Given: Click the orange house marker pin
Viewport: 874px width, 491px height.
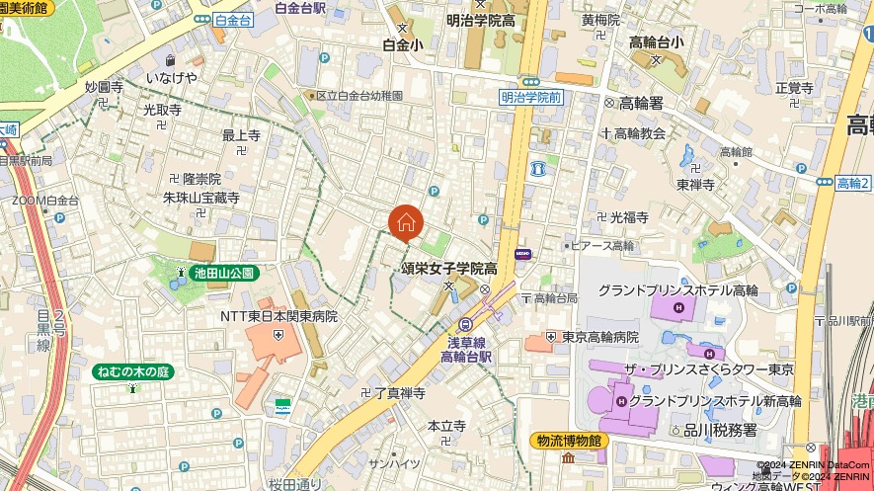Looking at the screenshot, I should coord(406,223).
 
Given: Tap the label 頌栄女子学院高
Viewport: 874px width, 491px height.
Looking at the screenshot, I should coord(448,268).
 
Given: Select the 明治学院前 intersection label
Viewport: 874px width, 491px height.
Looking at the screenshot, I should coord(530,97).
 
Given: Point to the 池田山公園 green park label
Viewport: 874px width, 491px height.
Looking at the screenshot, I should coord(224,273).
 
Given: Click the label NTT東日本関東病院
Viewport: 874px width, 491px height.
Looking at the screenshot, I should coord(278,317).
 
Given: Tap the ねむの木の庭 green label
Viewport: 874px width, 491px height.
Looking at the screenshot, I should coord(132,371).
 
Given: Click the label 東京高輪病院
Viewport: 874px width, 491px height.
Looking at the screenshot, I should coord(600,337).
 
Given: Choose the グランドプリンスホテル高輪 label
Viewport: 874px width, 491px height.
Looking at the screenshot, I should coord(677,290).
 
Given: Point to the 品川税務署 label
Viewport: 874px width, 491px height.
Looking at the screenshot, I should coord(720,430).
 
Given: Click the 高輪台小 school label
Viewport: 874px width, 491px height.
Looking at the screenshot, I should coord(662,41).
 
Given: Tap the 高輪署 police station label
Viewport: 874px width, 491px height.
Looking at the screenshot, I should coord(640,102).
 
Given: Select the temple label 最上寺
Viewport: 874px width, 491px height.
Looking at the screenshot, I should coord(241,135).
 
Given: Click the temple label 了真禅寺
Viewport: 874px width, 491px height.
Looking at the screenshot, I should coord(399,393).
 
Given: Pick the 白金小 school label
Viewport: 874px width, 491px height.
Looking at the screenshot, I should coord(403,44).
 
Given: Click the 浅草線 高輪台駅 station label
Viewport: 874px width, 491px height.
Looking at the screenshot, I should coord(465,348).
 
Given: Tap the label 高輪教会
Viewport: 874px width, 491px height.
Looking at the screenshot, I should coord(639,132).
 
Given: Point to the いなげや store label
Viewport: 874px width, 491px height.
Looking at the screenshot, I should coord(172,77).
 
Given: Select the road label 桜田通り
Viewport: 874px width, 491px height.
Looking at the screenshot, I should coord(295,484).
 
